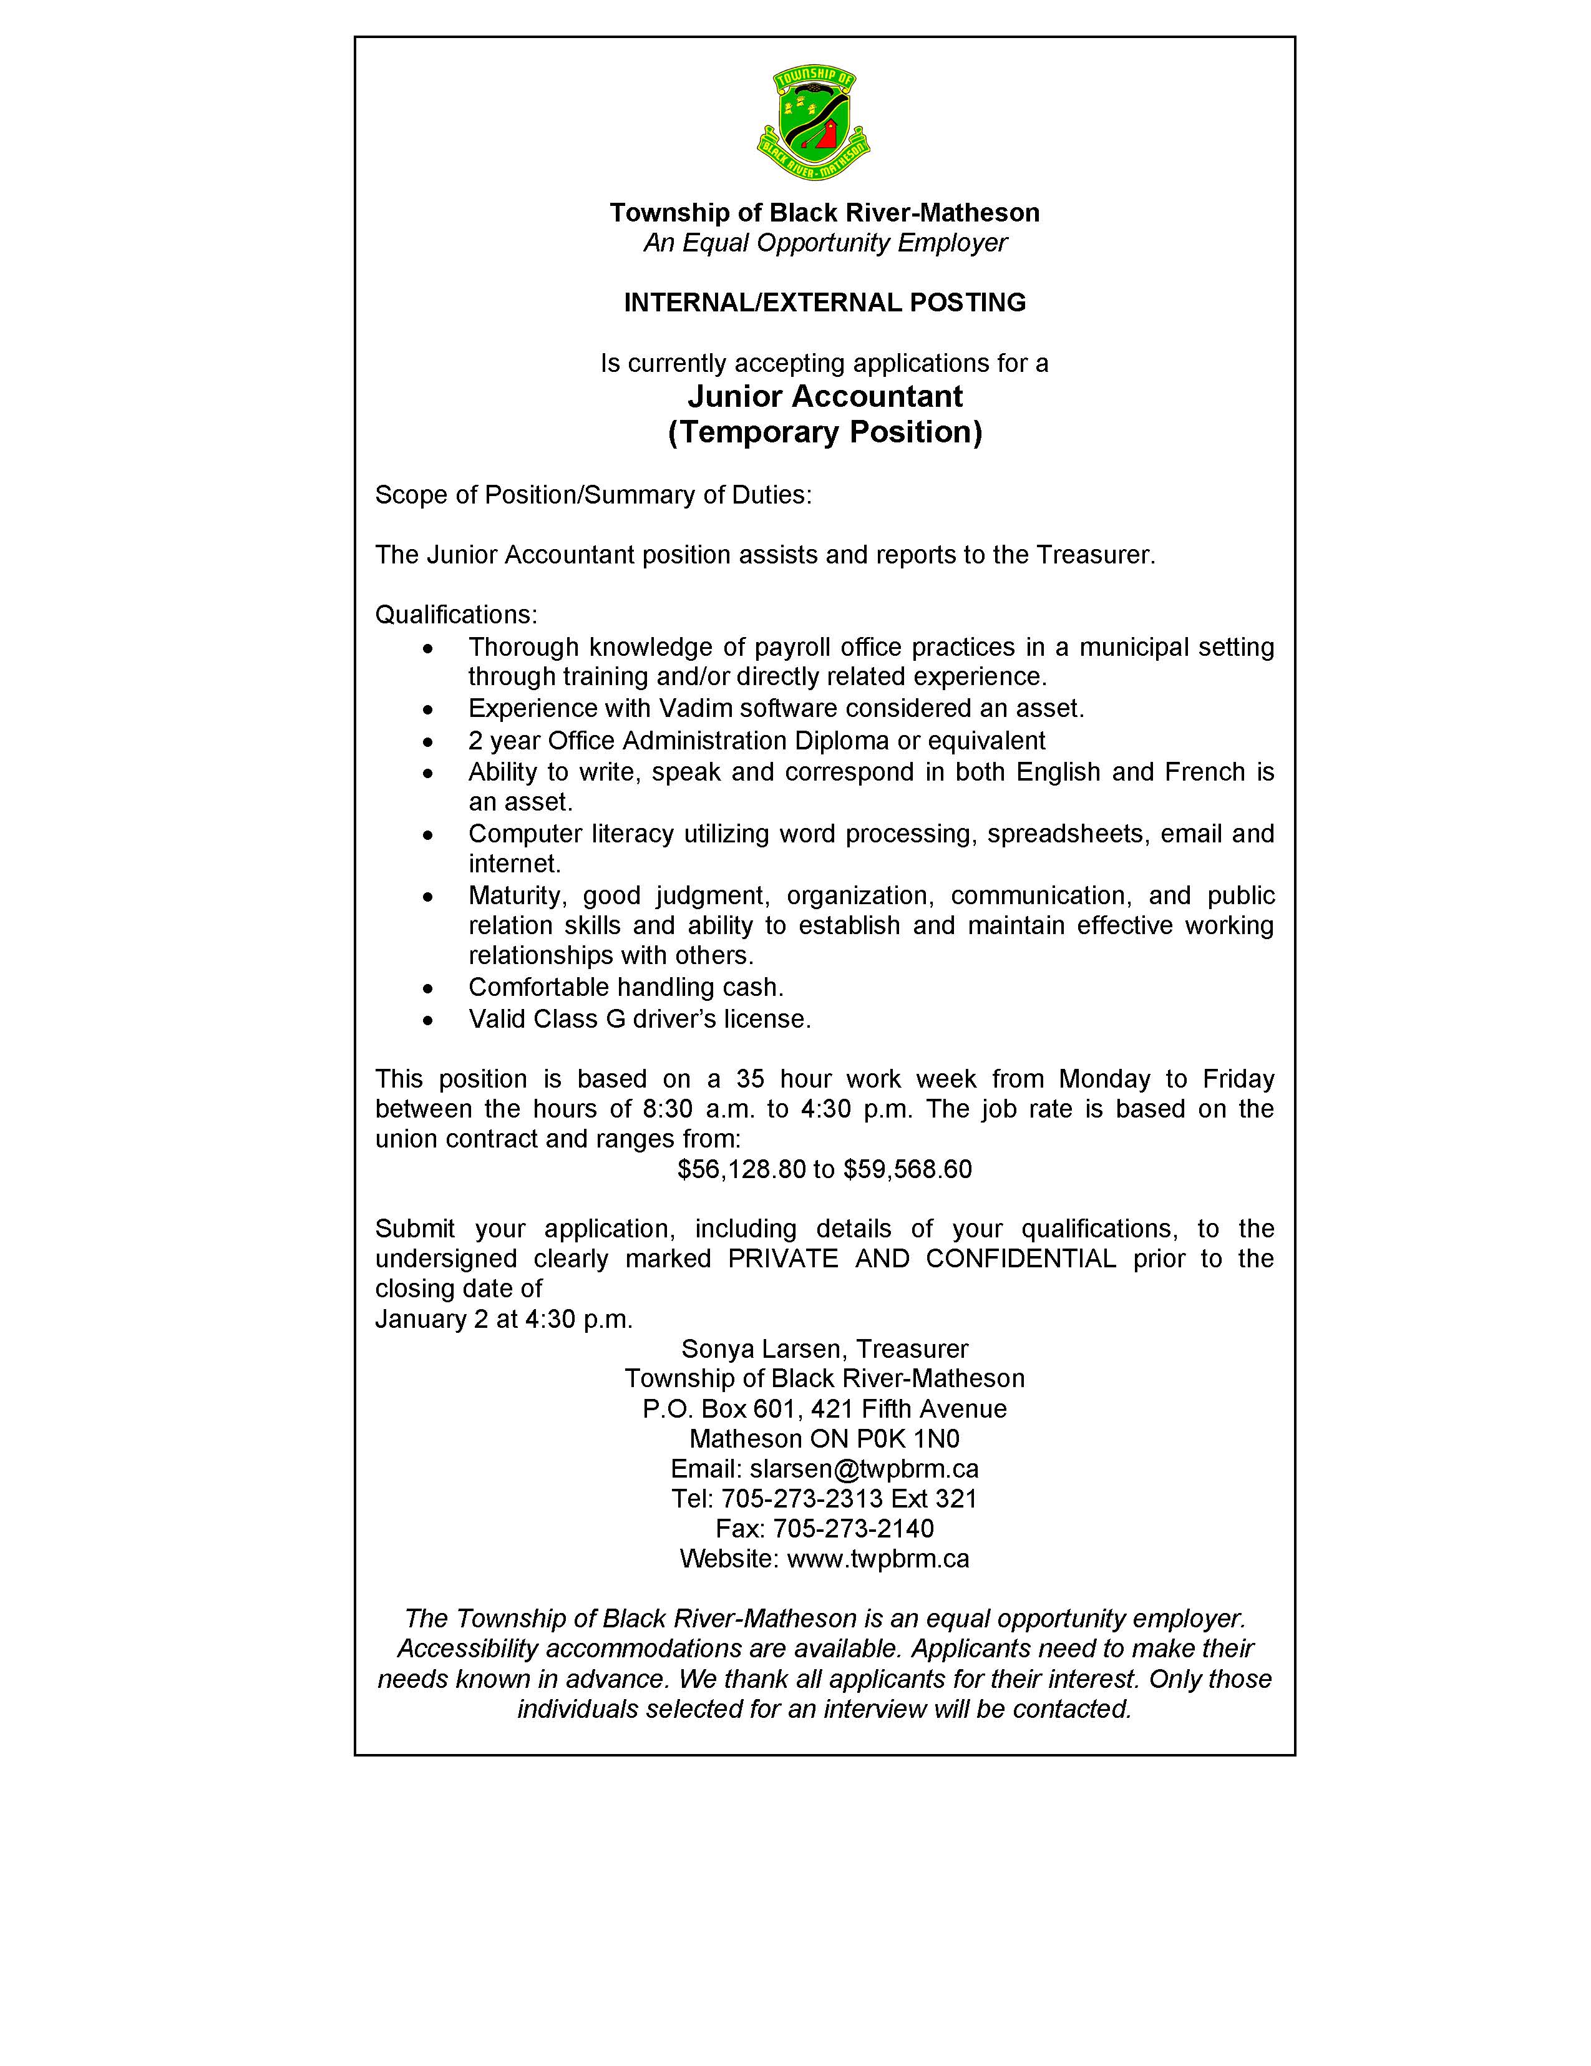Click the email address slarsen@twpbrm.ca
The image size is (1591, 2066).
[x=864, y=1469]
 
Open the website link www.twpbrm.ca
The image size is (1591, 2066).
[x=877, y=1559]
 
